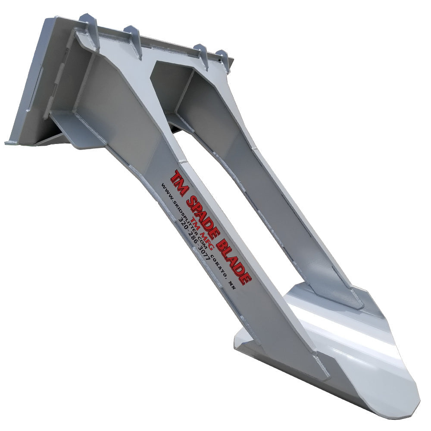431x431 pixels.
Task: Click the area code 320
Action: point(182,221)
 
